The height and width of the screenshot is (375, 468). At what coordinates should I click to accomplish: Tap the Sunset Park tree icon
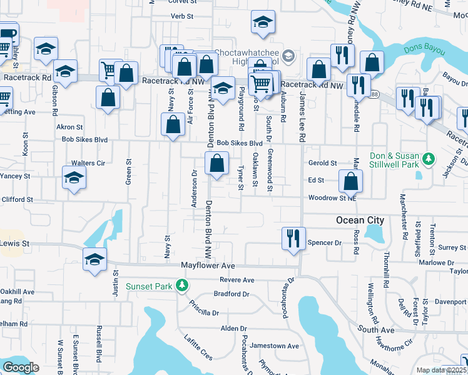(182, 286)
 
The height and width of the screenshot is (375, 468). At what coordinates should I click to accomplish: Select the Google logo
(21, 367)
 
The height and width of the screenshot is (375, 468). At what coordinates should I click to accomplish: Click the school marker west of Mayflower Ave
(94, 259)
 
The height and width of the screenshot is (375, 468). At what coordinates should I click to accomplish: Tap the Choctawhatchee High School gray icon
(288, 56)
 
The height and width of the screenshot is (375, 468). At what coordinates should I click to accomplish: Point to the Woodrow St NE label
(332, 198)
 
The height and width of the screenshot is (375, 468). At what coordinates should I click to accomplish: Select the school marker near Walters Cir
(74, 178)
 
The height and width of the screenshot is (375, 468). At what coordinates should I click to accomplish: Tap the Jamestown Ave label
(274, 346)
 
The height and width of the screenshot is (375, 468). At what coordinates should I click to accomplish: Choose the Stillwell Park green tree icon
(429, 159)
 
